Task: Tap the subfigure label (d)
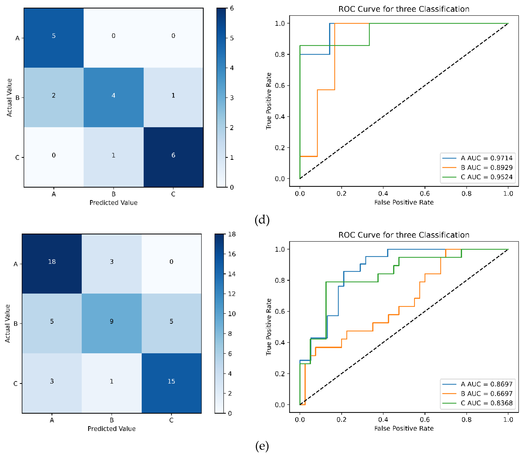coord(262,220)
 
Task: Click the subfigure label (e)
coord(262,446)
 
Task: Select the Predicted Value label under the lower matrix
coord(112,429)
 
